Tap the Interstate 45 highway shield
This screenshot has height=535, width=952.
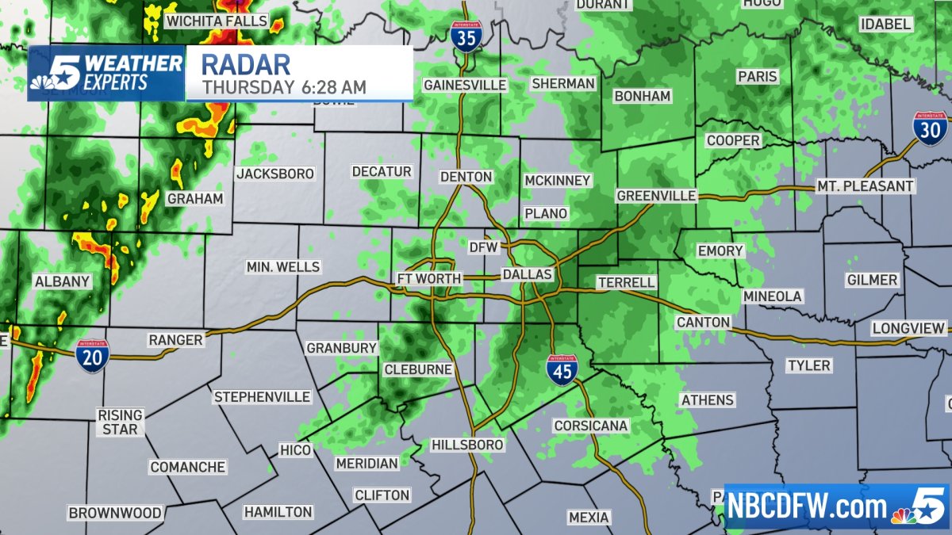click(x=562, y=369)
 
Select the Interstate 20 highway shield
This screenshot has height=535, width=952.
click(x=93, y=356)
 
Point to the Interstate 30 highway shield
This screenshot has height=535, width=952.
click(x=929, y=128)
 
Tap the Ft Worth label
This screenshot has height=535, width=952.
click(x=429, y=279)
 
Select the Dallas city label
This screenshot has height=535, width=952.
click(x=527, y=274)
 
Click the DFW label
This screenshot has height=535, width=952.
click(x=483, y=247)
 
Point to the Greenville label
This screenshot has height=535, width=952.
click(x=656, y=196)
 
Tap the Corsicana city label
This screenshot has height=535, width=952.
click(x=591, y=426)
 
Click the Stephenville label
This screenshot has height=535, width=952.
click(x=261, y=397)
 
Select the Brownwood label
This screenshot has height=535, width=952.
click(x=115, y=513)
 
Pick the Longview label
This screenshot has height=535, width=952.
click(x=909, y=328)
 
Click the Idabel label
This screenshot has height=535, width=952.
click(x=885, y=25)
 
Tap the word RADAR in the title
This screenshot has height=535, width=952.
click(x=246, y=63)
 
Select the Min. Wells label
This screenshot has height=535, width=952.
click(x=283, y=267)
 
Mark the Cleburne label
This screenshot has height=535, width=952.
click(x=418, y=369)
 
